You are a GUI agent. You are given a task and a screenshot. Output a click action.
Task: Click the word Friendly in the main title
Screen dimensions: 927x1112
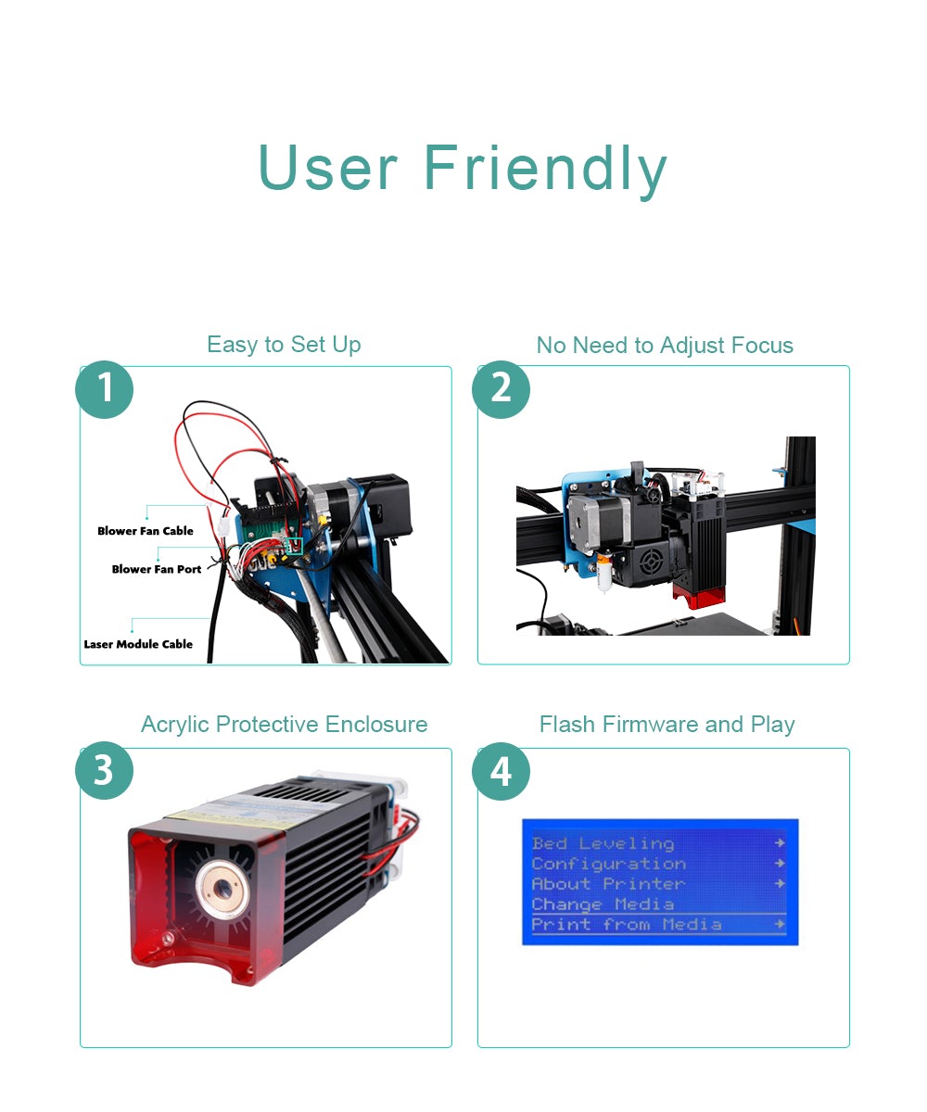545,169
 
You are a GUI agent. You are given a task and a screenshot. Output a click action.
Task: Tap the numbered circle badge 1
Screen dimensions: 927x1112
105,389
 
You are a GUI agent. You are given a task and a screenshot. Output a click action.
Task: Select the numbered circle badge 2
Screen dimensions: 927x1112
501,389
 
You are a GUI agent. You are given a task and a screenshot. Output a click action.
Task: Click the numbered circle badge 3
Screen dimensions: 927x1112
105,770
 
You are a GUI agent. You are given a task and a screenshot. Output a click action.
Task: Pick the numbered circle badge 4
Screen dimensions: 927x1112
501,771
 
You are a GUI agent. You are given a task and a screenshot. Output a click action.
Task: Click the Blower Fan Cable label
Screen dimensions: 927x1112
146,531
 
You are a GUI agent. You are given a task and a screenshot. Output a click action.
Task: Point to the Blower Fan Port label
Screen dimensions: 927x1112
157,569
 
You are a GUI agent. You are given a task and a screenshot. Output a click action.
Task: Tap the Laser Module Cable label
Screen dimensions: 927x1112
138,644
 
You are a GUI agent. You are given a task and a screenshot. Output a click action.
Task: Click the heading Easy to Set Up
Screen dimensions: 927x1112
284,345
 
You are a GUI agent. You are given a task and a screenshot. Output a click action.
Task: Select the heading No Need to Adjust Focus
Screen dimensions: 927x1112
665,346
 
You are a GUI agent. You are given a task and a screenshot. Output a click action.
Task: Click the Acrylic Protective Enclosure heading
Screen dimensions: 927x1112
285,725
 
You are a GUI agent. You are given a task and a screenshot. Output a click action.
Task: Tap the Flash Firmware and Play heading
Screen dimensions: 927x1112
667,725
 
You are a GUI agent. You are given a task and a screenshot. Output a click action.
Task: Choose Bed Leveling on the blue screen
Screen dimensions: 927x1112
603,843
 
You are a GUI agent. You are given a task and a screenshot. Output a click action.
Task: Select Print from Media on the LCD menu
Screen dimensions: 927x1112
627,924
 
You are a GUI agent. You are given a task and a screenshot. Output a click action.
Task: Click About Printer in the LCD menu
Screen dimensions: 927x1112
608,883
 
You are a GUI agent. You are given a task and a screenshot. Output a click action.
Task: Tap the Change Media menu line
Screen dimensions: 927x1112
603,904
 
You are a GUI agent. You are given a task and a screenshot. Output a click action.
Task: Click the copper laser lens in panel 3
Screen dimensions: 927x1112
222,887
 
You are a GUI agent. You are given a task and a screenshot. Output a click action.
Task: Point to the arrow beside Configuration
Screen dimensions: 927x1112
780,863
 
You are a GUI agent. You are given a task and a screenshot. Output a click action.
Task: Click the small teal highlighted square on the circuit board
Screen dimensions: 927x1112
294,546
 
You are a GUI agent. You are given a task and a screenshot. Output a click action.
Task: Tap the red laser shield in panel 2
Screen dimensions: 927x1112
698,596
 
